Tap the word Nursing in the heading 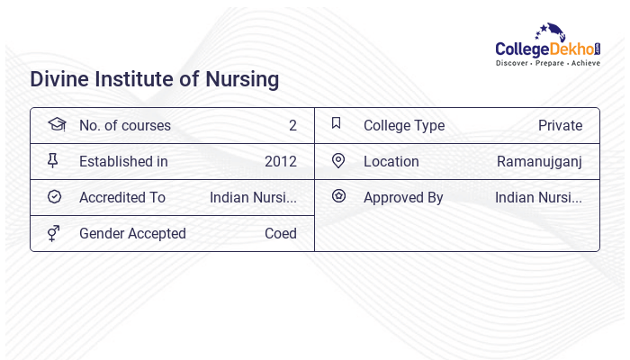click(x=242, y=79)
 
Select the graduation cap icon click(x=56, y=125)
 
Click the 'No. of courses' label click(x=124, y=126)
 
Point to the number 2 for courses click(x=292, y=126)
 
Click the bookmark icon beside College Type click(x=337, y=124)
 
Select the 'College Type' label click(x=404, y=126)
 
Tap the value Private click(x=560, y=126)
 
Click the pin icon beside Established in click(x=53, y=161)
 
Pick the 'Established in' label click(x=123, y=162)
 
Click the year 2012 click(x=281, y=162)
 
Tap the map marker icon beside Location click(x=338, y=161)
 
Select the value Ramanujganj click(x=539, y=162)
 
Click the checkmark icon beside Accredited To click(x=54, y=197)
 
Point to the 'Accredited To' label click(x=122, y=198)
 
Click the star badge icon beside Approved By click(x=338, y=196)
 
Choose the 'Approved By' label click(x=403, y=198)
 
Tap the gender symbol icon click(x=54, y=233)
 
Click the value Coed click(x=280, y=234)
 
